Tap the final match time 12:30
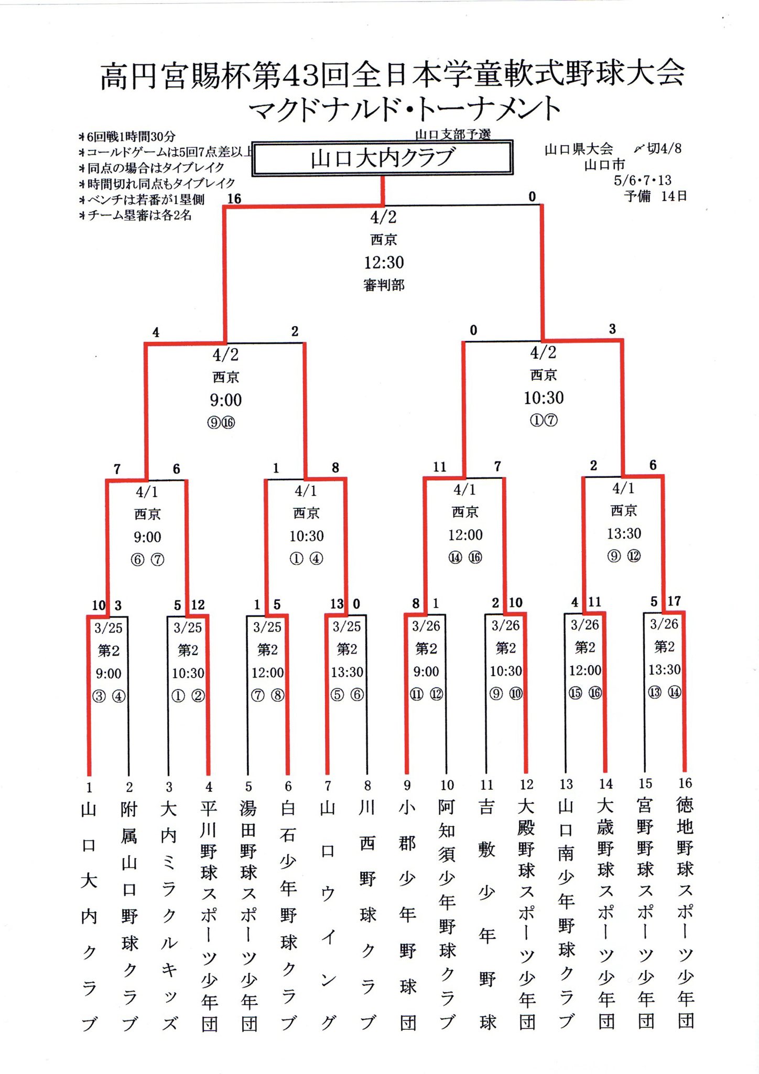coord(384,262)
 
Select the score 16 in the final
coord(234,198)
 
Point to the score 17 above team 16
coord(674,601)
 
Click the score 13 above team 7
coord(337,604)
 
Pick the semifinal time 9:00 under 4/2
coord(226,400)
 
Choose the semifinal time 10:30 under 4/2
coord(544,398)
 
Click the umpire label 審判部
coord(384,285)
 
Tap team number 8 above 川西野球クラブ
coord(367,786)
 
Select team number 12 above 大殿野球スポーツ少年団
coord(526,785)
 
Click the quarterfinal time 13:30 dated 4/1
coord(624,533)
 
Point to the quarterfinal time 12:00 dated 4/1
coord(465,535)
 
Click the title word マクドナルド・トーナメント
coord(404,109)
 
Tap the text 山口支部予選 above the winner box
coord(453,134)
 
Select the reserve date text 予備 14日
coord(655,196)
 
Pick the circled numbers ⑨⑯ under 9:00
coord(221,423)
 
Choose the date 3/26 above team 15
coord(664,624)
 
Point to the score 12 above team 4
coord(198,605)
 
